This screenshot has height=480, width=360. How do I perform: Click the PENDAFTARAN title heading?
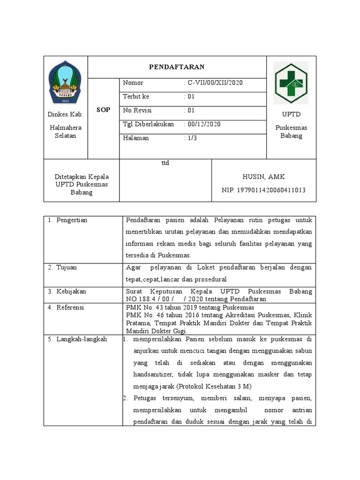[x=177, y=67]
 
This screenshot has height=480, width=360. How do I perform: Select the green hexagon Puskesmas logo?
[x=291, y=83]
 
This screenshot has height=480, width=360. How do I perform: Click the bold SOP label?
[x=103, y=110]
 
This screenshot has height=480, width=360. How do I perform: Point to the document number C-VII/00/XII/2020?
[x=215, y=83]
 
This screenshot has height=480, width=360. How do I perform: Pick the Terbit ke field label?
[x=136, y=97]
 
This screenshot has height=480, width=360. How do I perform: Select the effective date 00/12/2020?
[x=204, y=124]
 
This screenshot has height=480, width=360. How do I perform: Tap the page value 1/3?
[x=192, y=138]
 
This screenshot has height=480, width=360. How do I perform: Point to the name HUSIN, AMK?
[x=263, y=177]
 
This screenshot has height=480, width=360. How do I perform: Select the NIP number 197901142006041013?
[x=263, y=190]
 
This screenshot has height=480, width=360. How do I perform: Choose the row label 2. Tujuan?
[x=62, y=268]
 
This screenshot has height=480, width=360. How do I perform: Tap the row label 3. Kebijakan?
[x=67, y=292]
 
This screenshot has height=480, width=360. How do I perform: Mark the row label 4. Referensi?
[x=66, y=307]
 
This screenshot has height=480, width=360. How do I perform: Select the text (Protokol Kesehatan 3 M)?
[x=214, y=386]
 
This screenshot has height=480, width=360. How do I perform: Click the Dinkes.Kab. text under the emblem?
[x=66, y=114]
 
